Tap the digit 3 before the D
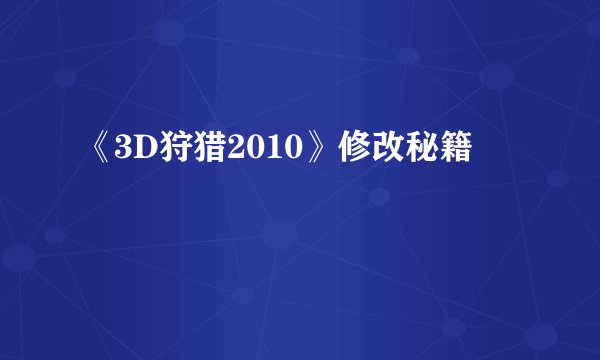pos(124,152)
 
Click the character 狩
pos(168,152)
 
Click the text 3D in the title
pos(133,152)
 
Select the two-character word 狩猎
pos(183,152)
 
